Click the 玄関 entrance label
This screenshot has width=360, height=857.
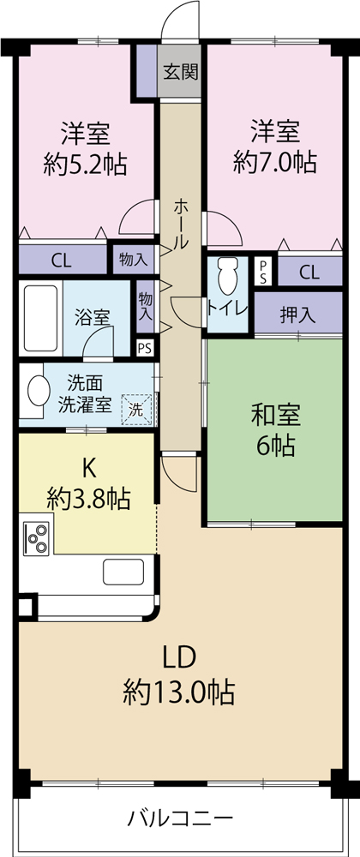(x=179, y=72)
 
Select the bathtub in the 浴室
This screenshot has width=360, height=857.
(x=41, y=318)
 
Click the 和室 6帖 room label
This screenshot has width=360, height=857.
(x=275, y=431)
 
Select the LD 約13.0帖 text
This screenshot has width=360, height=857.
(x=179, y=675)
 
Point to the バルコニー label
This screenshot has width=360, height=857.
(x=180, y=819)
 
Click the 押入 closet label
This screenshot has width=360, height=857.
(x=297, y=315)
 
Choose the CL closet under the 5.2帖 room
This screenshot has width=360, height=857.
(x=62, y=261)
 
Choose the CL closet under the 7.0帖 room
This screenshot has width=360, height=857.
(x=309, y=272)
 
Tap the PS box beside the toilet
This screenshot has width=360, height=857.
(x=263, y=272)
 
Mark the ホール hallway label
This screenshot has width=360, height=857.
(x=182, y=224)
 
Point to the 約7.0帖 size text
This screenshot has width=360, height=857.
(x=275, y=162)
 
